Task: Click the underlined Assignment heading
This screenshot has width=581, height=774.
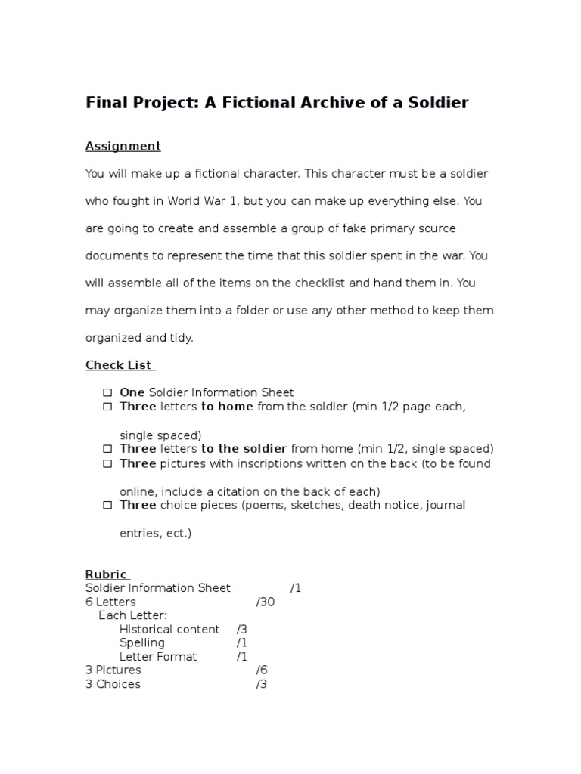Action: pyautogui.click(x=123, y=146)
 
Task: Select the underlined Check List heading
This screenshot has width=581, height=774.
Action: pyautogui.click(x=119, y=365)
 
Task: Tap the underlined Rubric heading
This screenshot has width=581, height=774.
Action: pyautogui.click(x=107, y=574)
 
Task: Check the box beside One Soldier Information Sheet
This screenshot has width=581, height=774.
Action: pyautogui.click(x=107, y=392)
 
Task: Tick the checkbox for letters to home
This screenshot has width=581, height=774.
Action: pyautogui.click(x=107, y=407)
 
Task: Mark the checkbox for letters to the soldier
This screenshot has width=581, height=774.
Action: pyautogui.click(x=107, y=449)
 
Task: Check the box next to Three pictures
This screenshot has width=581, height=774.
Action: pyautogui.click(x=107, y=463)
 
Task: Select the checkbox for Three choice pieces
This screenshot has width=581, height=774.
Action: pyautogui.click(x=107, y=505)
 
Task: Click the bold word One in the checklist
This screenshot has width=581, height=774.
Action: pyautogui.click(x=132, y=392)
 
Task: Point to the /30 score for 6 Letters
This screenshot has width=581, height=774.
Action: pyautogui.click(x=266, y=602)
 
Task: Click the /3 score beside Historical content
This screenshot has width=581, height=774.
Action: pyautogui.click(x=242, y=629)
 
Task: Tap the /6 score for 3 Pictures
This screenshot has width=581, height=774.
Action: pyautogui.click(x=263, y=670)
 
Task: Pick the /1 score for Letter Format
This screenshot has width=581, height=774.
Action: pyautogui.click(x=242, y=656)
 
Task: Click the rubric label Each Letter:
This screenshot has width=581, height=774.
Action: pyautogui.click(x=133, y=615)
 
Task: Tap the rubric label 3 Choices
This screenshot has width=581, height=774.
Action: pyautogui.click(x=113, y=684)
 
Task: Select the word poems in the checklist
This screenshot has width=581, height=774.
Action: pyautogui.click(x=262, y=505)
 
